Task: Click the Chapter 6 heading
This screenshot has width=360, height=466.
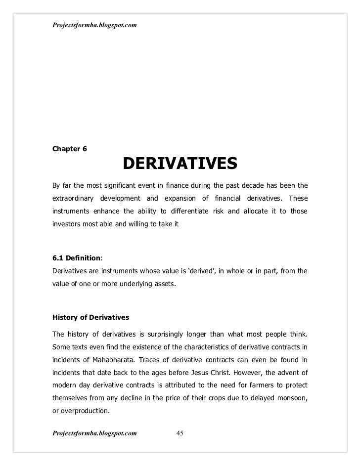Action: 70,149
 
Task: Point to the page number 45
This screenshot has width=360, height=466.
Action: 180,433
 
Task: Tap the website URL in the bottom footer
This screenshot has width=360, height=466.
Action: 94,433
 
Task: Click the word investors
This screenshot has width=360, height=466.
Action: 66,225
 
